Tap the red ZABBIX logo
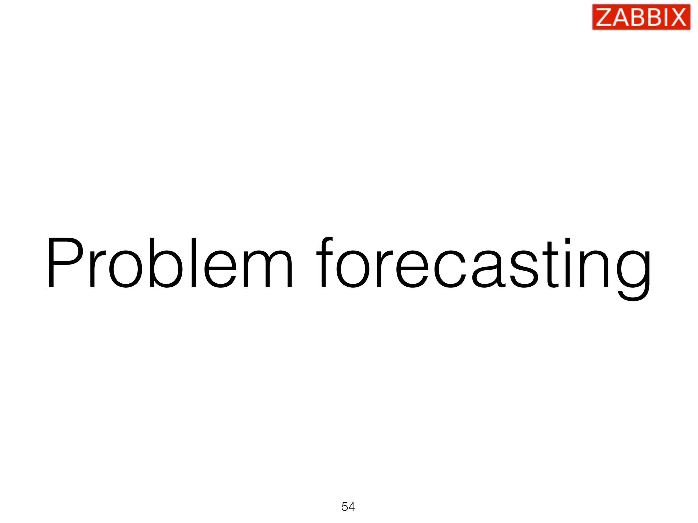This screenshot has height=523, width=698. tap(641, 17)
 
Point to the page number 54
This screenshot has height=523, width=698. tap(348, 507)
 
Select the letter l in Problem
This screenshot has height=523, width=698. tap(194, 262)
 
